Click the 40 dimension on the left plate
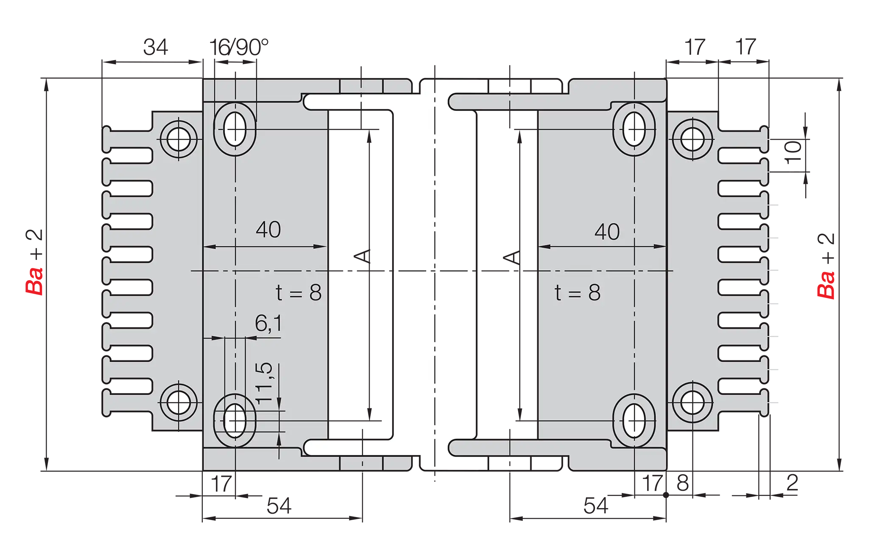(268, 230)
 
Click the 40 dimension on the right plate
(607, 232)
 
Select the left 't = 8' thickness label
(299, 293)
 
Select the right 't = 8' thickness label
(577, 293)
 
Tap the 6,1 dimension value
(268, 324)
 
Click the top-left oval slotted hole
(235, 128)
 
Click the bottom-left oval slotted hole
(235, 420)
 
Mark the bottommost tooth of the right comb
(743, 402)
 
